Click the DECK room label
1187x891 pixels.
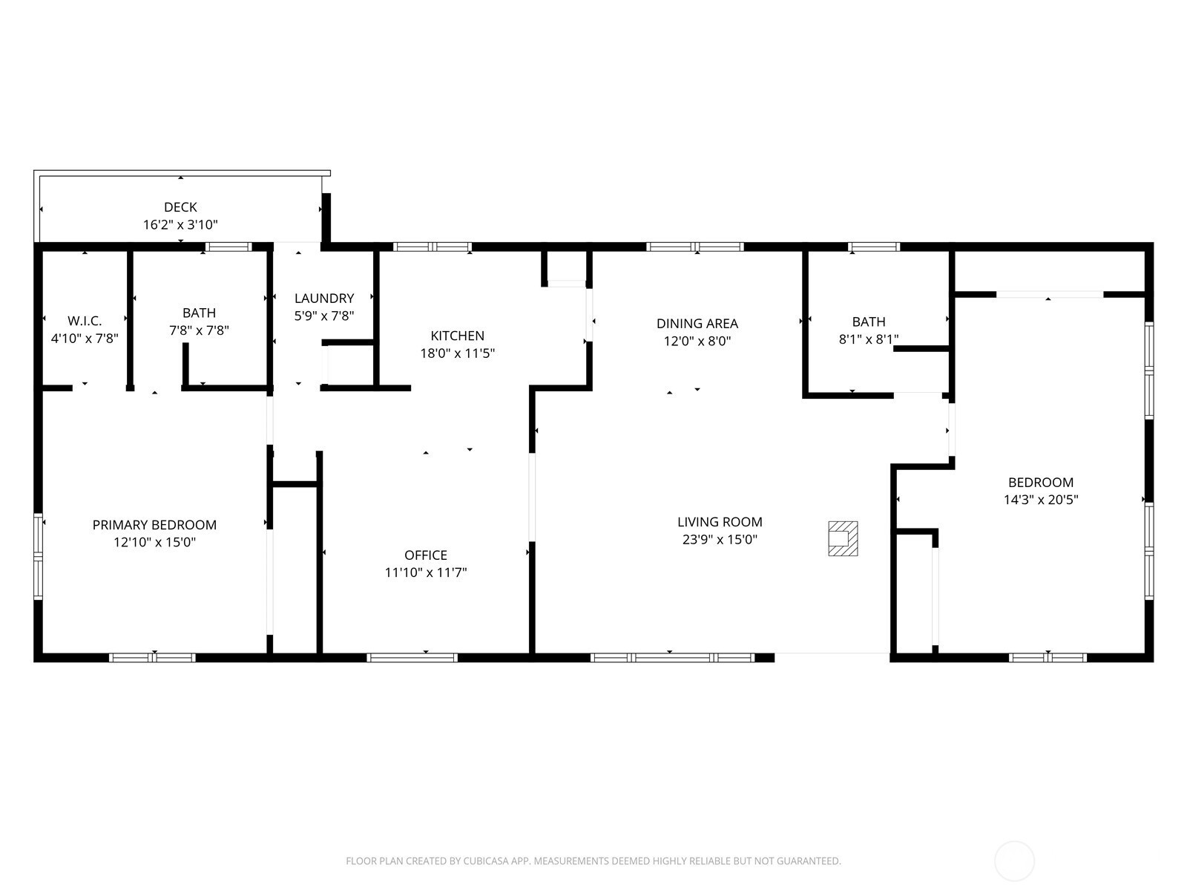(180, 207)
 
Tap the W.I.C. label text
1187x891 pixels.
(85, 322)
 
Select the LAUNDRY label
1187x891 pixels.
(324, 298)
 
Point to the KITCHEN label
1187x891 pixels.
(458, 336)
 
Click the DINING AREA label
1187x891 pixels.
(697, 324)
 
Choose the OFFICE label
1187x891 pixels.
(426, 555)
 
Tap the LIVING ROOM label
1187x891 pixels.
(720, 522)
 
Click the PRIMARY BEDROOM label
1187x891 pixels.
(154, 525)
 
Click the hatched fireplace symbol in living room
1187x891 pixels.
(843, 538)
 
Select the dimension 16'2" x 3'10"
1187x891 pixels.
(180, 224)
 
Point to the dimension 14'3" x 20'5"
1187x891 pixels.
(1041, 499)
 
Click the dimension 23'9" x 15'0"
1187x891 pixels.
(720, 539)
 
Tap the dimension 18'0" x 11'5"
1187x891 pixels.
(458, 353)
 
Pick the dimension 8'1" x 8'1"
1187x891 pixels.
(869, 339)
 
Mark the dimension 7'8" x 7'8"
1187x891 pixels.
(199, 330)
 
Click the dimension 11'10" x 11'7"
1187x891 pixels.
(426, 572)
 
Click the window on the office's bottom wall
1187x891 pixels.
(412, 658)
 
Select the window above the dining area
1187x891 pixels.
(695, 247)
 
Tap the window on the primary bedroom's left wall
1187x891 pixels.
(38, 556)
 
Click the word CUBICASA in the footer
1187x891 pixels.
(486, 861)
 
